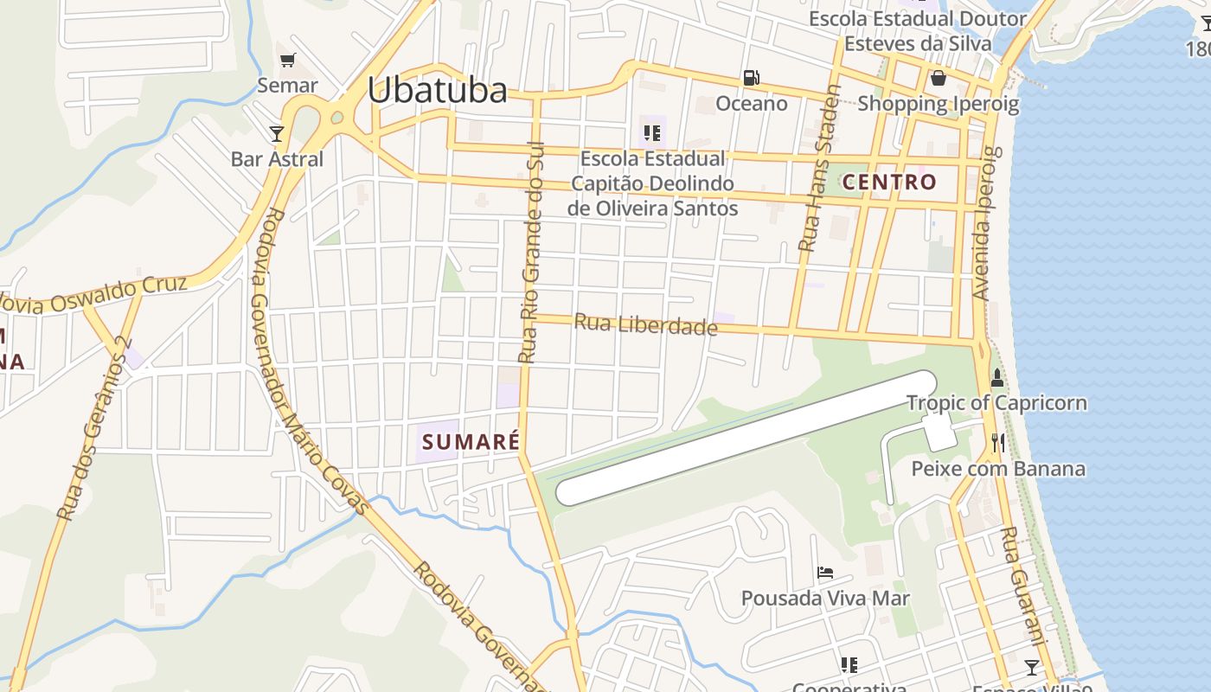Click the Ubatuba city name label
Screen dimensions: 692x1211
pos(437,90)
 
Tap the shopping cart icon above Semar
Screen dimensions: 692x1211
pos(288,60)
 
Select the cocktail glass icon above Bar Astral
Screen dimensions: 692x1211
pos(277,133)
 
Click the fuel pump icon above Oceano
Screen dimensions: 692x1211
pos(751,78)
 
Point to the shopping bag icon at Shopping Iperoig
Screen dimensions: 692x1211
pos(938,79)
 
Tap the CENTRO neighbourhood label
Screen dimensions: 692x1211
pos(889,182)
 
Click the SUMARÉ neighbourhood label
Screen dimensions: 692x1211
pos(471,442)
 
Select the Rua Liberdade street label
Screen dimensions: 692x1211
pos(645,325)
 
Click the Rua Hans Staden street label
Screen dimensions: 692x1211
pos(818,169)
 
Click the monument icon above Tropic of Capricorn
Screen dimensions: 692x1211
pos(996,378)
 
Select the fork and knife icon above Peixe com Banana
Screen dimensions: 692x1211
pos(998,443)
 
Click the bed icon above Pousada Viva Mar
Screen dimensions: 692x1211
pos(825,573)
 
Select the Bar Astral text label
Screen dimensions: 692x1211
pos(277,159)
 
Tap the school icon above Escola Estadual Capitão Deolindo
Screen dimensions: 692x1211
pos(652,133)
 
